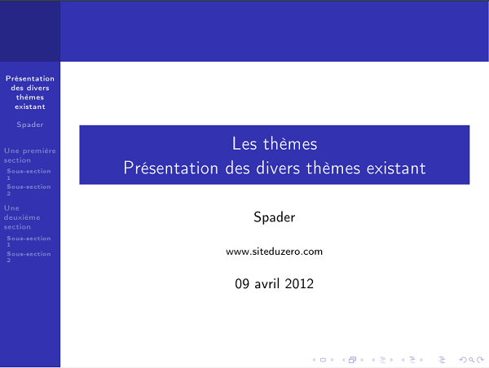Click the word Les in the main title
coord(244,144)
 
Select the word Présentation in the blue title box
coord(170,169)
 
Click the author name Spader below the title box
coord(274,217)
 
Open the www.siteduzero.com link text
coord(274,252)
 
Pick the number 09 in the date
coord(243,284)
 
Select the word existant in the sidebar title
coord(30,107)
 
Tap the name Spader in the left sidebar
coord(30,125)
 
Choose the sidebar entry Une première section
coord(29,156)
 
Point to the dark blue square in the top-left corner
coord(30,31)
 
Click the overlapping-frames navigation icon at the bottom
coord(353,359)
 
